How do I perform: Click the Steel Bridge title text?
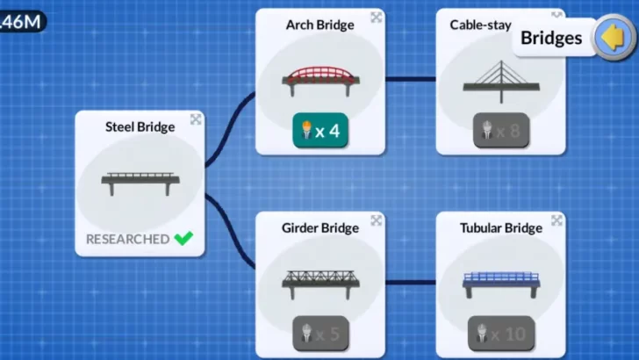click(x=140, y=126)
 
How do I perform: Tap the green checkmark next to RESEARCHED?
click(x=183, y=238)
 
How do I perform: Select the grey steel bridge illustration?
click(x=140, y=182)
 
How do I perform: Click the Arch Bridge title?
click(x=320, y=25)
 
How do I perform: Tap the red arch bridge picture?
click(x=320, y=80)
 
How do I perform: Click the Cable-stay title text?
click(x=480, y=25)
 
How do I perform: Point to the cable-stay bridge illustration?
click(x=501, y=80)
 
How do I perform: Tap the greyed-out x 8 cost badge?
click(x=501, y=131)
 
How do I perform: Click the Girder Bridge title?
click(x=320, y=228)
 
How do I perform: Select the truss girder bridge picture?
click(x=320, y=282)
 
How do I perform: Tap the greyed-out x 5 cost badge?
click(x=320, y=334)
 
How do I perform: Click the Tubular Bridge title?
click(x=501, y=228)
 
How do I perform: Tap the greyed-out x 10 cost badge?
click(x=501, y=334)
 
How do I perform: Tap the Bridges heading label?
click(x=551, y=38)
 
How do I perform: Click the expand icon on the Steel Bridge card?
click(x=195, y=119)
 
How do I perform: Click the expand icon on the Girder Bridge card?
click(x=376, y=220)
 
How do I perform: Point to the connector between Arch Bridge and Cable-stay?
click(x=411, y=80)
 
